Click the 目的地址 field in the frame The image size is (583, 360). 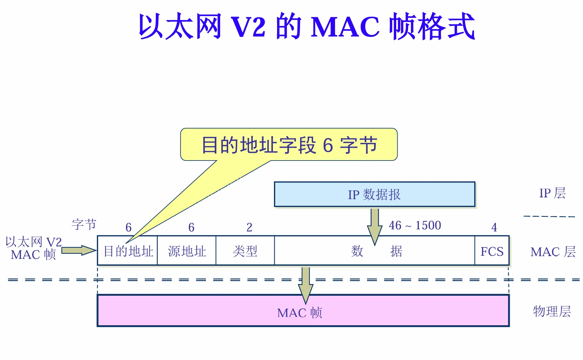pos(128,251)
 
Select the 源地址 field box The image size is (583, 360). pos(187,251)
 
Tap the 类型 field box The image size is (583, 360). pos(245,251)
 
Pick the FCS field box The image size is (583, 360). pos(492,251)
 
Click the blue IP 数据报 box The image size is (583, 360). pos(374,194)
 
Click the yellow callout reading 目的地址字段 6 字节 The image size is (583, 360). pos(289,145)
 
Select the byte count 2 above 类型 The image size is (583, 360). pos(249,227)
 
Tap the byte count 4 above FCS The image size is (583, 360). pos(494,227)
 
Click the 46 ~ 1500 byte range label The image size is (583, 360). pos(415,225)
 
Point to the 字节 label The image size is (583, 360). pos(84,224)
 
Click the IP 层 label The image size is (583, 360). pos(552,193)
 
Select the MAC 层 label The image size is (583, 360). pos(553,252)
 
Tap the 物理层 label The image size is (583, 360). pos(552,311)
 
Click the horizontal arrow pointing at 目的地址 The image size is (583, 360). pos(78,250)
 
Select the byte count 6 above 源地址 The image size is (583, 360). pos(191,227)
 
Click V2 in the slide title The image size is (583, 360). pos(248,27)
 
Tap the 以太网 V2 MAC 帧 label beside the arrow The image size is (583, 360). pos(33,248)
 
